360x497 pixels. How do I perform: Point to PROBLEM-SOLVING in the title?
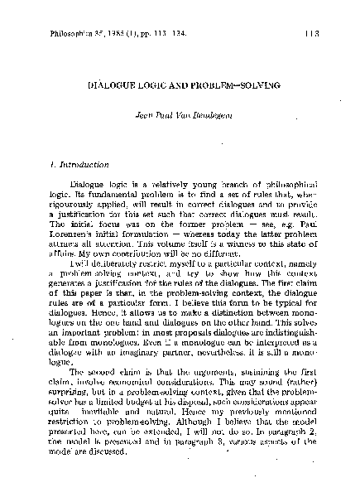(231, 86)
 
